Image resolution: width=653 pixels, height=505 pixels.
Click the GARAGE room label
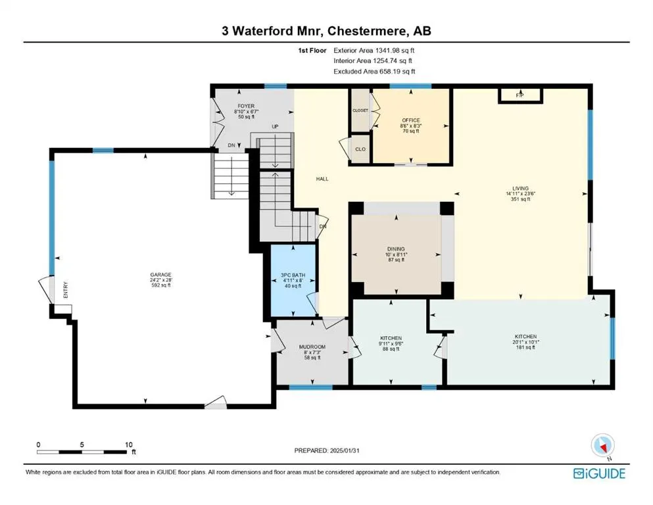point(160,275)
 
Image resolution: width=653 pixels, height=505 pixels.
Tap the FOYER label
point(246,106)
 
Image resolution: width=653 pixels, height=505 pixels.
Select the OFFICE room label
point(411,120)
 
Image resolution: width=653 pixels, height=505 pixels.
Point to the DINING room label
point(396,249)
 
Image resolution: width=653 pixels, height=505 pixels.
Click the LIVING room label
point(520,188)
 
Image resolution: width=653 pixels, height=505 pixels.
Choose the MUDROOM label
point(312,347)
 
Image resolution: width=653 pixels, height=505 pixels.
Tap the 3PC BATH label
point(293,276)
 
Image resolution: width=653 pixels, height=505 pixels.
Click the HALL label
point(322,179)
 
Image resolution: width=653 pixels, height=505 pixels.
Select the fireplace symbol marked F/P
point(520,95)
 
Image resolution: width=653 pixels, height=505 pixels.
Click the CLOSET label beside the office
point(360,110)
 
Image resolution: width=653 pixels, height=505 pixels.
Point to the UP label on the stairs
point(275,126)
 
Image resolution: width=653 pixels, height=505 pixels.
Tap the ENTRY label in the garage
point(65,290)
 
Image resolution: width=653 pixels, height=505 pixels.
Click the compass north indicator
point(602,446)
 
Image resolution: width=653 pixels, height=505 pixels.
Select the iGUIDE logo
point(599,473)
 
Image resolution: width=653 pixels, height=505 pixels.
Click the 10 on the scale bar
point(129,445)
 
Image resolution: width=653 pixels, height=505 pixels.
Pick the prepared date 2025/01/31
point(345,450)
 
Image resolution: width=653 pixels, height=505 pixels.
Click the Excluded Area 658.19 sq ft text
point(374,71)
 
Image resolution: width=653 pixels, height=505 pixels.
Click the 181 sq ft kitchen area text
point(525,347)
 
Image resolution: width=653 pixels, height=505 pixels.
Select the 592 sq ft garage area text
point(160,285)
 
